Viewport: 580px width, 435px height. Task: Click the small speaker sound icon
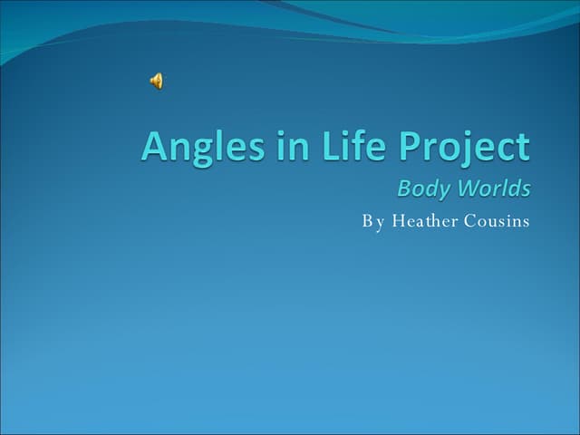pos(157,82)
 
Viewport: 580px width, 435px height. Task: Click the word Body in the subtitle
pos(421,189)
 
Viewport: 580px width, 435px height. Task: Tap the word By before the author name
pos(373,221)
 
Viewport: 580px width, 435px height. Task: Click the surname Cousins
pos(497,220)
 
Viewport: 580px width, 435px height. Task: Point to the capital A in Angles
pos(155,147)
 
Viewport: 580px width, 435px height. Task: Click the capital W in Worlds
pos(466,188)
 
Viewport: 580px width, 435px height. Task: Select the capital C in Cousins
pos(470,220)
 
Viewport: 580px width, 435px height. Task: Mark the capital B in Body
pos(404,188)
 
